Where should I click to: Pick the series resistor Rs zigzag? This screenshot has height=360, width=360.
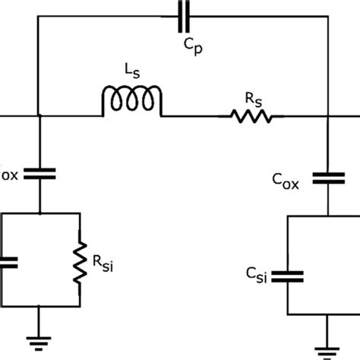click(x=251, y=116)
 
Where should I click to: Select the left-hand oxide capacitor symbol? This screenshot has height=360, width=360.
click(x=39, y=174)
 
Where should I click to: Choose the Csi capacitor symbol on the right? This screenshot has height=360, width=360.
click(x=289, y=276)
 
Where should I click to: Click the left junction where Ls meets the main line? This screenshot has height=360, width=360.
click(x=39, y=116)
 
